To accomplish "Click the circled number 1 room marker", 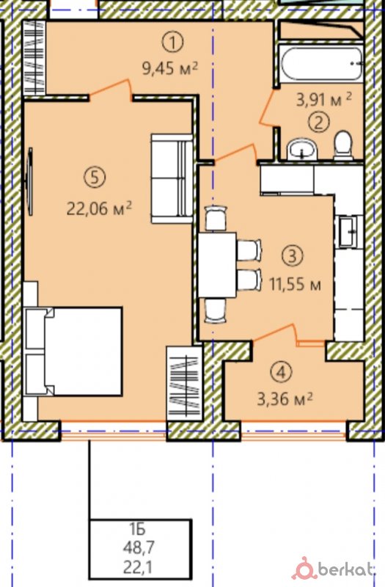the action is tap(172, 43).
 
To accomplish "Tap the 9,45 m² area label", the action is tap(170, 68).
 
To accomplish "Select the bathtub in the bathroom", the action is tap(322, 63).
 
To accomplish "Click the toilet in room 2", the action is tap(342, 145).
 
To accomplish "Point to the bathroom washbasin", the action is tap(302, 149).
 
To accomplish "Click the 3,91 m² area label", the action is tap(324, 100).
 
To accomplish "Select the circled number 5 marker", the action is tap(95, 177).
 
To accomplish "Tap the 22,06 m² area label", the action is tap(99, 208).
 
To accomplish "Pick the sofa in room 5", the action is tap(172, 178).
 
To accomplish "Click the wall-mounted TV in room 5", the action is tap(29, 181).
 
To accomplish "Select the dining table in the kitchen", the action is tap(217, 265).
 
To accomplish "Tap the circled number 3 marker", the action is tap(293, 255).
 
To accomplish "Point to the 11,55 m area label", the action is tap(296, 285).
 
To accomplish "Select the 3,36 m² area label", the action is tap(285, 399).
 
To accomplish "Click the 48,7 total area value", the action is tap(139, 548).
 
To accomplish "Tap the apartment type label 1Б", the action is tap(137, 530).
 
